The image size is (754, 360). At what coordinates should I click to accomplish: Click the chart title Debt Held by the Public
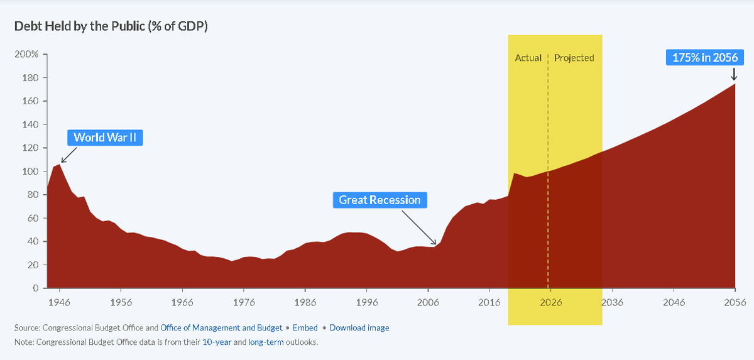pyautogui.click(x=111, y=26)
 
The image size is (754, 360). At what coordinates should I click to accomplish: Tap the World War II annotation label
pyautogui.click(x=105, y=138)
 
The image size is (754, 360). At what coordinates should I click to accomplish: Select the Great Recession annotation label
pyautogui.click(x=380, y=200)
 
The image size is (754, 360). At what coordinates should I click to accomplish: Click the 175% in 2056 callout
pyautogui.click(x=705, y=58)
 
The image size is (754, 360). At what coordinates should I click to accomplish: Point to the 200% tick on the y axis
pyautogui.click(x=26, y=55)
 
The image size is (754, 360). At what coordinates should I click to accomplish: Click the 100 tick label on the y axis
pyautogui.click(x=30, y=172)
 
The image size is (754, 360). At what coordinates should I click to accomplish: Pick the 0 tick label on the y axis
pyautogui.click(x=36, y=288)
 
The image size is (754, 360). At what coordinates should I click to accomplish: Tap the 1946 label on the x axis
pyautogui.click(x=59, y=302)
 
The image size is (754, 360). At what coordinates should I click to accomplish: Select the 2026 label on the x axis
pyautogui.click(x=550, y=302)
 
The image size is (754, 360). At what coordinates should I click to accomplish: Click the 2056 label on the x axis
pyautogui.click(x=735, y=302)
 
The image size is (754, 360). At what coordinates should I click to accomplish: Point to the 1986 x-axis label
pyautogui.click(x=305, y=302)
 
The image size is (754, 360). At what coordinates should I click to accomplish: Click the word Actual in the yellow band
pyautogui.click(x=528, y=58)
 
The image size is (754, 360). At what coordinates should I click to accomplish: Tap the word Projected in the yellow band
pyautogui.click(x=574, y=58)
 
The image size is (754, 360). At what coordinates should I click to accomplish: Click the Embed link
pyautogui.click(x=305, y=328)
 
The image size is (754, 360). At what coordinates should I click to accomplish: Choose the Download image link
pyautogui.click(x=359, y=328)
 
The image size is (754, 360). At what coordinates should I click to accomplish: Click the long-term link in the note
pyautogui.click(x=266, y=342)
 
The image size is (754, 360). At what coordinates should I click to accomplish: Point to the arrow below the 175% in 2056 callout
pyautogui.click(x=734, y=74)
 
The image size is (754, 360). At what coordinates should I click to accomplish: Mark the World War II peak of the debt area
pyautogui.click(x=59, y=165)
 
